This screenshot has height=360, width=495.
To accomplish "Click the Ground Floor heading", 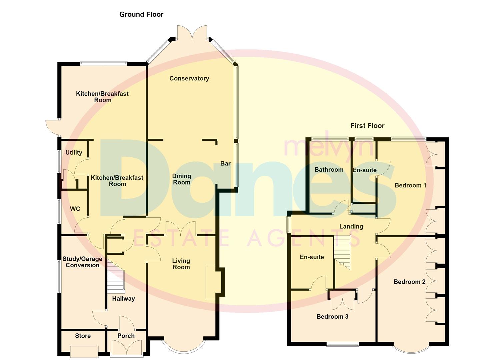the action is pos(141,15).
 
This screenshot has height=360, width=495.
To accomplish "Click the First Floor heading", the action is pos(367,126).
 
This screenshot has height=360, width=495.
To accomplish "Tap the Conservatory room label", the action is pos(189,78).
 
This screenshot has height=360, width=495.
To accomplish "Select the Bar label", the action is pos(225,164).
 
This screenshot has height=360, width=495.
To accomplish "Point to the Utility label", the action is pos(74,152).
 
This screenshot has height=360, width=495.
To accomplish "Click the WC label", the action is pos(75,209).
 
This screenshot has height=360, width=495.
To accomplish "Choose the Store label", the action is pos(83,336).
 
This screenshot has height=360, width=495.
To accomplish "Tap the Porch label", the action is pos(126,336).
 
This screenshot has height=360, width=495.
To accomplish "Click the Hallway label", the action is pos(124,299).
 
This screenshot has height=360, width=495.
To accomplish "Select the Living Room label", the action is pos(181,264).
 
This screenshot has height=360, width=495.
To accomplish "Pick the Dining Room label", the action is pos(181,179).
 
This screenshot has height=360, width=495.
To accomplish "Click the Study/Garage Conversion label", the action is pos(82,262).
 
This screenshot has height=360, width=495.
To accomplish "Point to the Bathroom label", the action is pos(329,170).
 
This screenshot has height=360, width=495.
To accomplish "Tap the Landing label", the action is pos(351,227).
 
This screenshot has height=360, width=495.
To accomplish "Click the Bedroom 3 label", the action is pos(332,317).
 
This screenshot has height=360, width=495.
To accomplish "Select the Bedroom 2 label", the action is pos(409,282).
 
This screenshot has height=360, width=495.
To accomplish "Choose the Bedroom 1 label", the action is pos(410,185).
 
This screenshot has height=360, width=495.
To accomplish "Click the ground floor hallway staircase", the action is pos(116,278).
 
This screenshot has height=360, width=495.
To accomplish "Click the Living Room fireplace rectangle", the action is pos(211,282).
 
